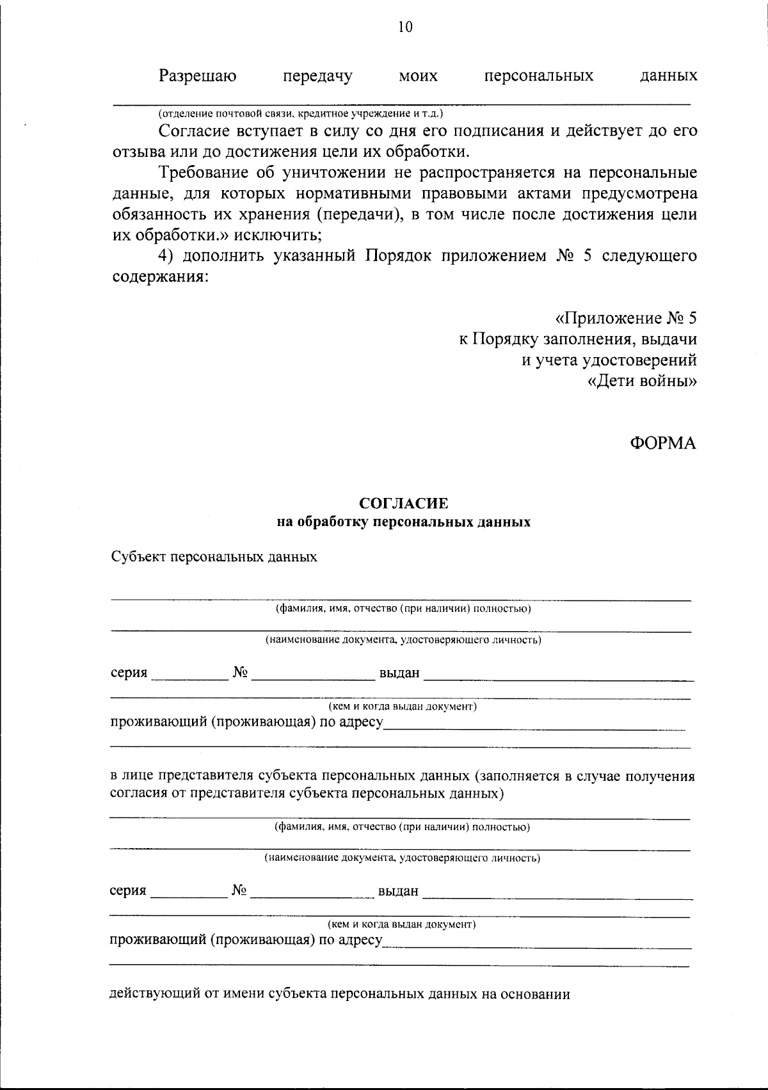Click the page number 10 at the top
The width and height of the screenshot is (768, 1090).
click(405, 27)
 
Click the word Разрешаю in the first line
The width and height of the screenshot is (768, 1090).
click(198, 76)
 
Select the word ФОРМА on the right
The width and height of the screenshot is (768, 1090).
click(662, 443)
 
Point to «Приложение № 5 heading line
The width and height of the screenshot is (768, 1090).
click(625, 318)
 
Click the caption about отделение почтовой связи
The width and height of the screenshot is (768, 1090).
click(301, 113)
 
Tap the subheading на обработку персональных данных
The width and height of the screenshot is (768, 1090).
click(404, 522)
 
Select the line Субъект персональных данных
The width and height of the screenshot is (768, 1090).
click(214, 557)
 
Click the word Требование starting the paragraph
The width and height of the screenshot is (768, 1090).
click(203, 173)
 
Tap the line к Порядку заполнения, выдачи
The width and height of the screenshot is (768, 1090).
click(578, 339)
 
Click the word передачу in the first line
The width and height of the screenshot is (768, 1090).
click(317, 76)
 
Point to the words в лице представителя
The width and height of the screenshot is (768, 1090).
click(182, 776)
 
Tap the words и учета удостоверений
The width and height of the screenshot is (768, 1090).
click(609, 360)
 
